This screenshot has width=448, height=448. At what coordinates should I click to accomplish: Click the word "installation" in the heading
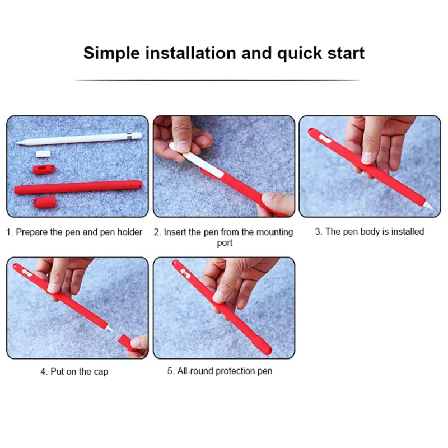pyautogui.click(x=191, y=53)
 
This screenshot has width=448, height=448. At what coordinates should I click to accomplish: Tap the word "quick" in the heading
pyautogui.click(x=300, y=53)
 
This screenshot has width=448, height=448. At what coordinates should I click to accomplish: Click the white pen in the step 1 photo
pyautogui.click(x=79, y=138)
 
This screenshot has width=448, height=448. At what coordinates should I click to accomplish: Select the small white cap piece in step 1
pyautogui.click(x=43, y=153)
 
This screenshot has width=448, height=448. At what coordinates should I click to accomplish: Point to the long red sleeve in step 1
pyautogui.click(x=78, y=187)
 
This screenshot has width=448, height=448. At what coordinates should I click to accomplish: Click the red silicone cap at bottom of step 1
pyautogui.click(x=45, y=202)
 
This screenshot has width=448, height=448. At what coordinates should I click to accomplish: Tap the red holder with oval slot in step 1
pyautogui.click(x=44, y=170)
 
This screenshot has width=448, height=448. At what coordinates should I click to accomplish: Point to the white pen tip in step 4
pyautogui.click(x=109, y=328)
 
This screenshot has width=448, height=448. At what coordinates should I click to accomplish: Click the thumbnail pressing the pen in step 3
pyautogui.click(x=368, y=157)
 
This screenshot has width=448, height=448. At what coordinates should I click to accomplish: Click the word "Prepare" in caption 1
pyautogui.click(x=32, y=232)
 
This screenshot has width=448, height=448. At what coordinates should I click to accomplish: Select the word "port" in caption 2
pyautogui.click(x=225, y=243)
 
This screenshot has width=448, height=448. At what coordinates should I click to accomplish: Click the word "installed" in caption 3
pyautogui.click(x=408, y=231)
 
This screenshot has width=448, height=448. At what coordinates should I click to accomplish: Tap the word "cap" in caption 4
pyautogui.click(x=101, y=372)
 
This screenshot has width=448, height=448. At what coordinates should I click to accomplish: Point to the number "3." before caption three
pyautogui.click(x=319, y=231)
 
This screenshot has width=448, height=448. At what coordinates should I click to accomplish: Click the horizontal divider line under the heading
pyautogui.click(x=217, y=80)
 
